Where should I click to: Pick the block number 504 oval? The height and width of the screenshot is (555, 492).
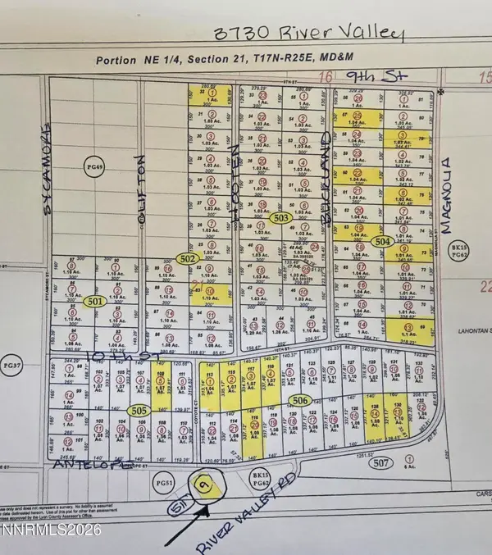pyautogui.click(x=382, y=242)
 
